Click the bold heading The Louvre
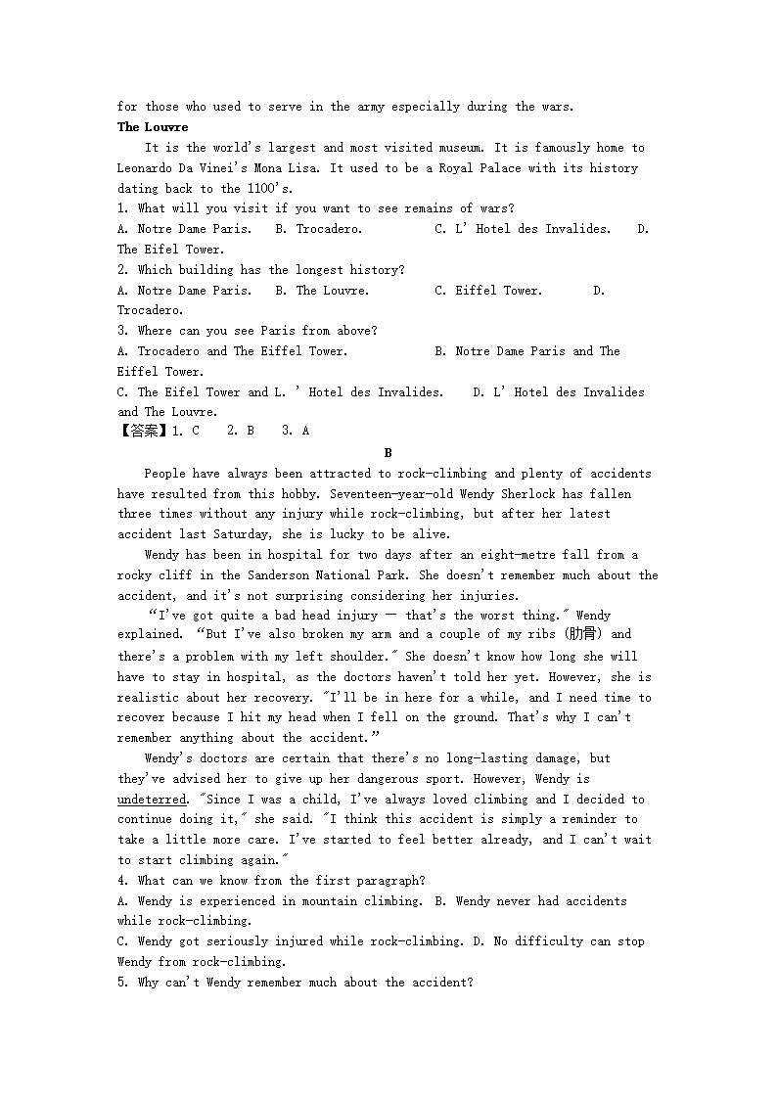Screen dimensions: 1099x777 point(153,127)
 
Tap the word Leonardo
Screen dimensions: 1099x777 point(145,168)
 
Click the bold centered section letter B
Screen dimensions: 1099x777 point(388,453)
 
